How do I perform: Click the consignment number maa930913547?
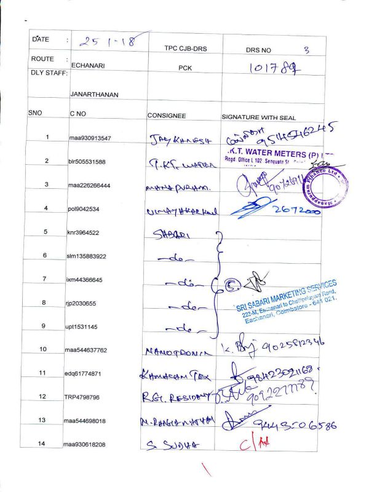90,138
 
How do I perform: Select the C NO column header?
77,115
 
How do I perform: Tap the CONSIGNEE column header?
166,116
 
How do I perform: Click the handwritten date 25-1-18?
108,43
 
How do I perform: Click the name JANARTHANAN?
94,95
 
